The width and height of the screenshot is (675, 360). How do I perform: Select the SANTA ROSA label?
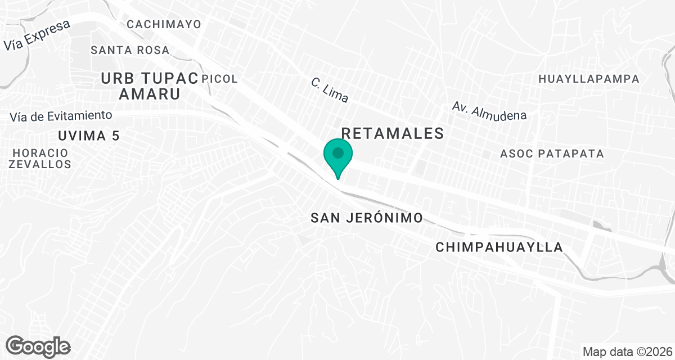[130, 50]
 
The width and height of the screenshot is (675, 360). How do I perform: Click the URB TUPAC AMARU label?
[150, 86]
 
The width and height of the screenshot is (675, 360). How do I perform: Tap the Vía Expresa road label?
[37, 35]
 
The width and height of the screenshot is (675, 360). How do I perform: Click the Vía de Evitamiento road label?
[61, 116]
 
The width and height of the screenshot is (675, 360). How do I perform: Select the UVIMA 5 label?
[89, 136]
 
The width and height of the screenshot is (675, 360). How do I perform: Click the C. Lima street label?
[330, 90]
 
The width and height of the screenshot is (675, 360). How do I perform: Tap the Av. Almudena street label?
[489, 111]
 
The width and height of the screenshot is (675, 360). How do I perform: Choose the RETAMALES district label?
[393, 133]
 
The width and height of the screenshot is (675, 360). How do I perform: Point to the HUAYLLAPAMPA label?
[589, 79]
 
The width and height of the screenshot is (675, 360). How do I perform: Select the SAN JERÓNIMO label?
[366, 218]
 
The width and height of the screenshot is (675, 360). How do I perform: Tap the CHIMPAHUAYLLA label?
[499, 247]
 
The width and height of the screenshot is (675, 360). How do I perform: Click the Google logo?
[38, 346]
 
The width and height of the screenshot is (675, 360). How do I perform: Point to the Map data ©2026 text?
[627, 352]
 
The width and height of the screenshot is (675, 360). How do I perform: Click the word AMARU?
[150, 94]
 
